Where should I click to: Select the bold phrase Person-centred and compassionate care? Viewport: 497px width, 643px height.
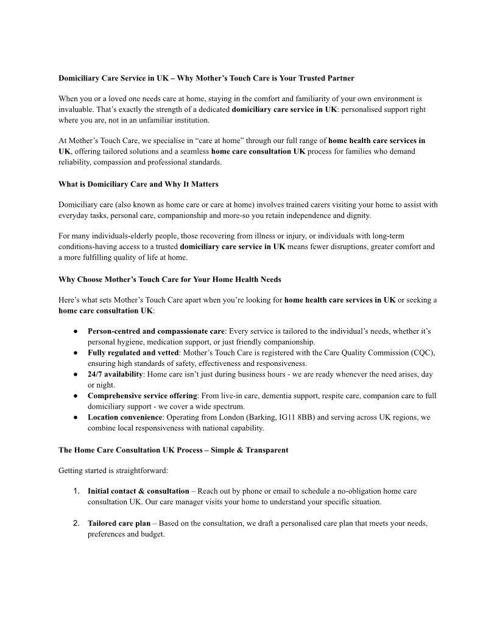pyautogui.click(x=156, y=331)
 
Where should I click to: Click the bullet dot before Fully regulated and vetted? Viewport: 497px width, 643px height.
pyautogui.click(x=74, y=353)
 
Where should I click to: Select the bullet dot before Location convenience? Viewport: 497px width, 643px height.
pyautogui.click(x=74, y=417)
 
